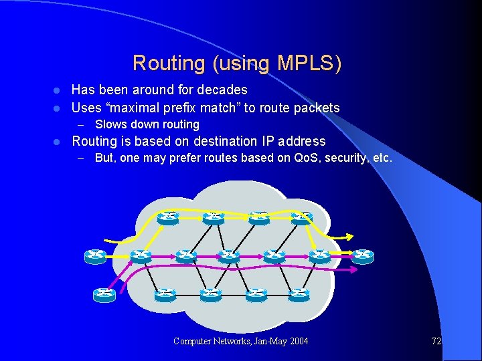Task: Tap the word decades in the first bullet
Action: (x=220, y=90)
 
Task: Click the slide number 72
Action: (x=436, y=341)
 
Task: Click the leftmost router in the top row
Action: (x=168, y=217)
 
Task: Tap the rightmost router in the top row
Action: (x=302, y=217)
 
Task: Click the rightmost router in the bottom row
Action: (x=299, y=292)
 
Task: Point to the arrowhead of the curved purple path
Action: (x=337, y=270)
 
